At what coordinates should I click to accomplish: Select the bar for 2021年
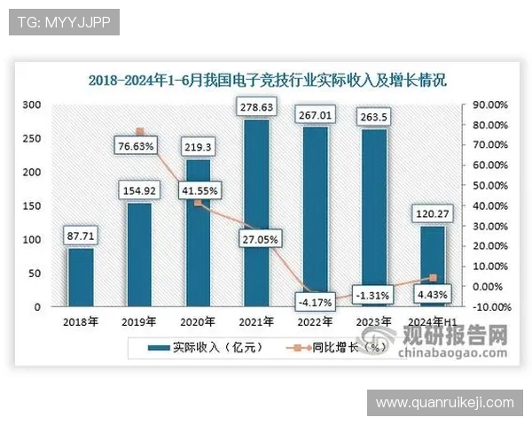tap(256, 213)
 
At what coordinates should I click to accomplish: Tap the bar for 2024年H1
tap(432, 267)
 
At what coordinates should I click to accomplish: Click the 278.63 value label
tap(257, 108)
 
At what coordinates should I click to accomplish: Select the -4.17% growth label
tap(315, 301)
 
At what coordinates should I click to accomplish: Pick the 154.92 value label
tap(140, 190)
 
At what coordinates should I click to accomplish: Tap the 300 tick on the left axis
tap(33, 104)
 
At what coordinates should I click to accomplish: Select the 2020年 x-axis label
tap(198, 321)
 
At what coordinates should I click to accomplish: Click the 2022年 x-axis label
tap(315, 321)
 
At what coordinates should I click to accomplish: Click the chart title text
tap(266, 80)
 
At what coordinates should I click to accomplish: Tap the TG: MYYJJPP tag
tap(64, 22)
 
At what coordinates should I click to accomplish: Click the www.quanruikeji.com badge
tap(444, 403)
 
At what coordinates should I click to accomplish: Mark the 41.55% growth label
tap(199, 189)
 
